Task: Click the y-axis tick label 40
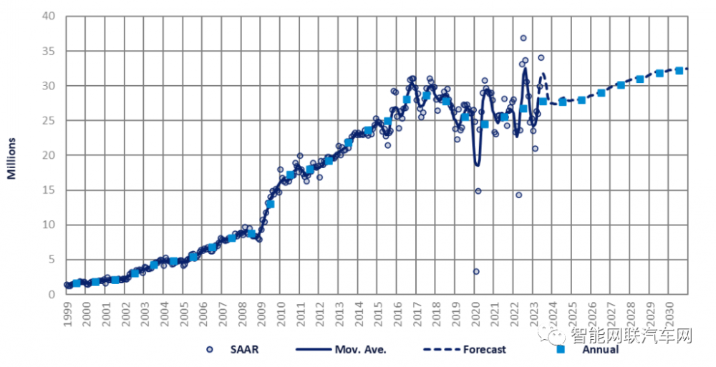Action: click(48, 16)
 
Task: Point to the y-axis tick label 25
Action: click(48, 120)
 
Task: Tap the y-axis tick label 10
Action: click(48, 225)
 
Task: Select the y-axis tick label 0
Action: click(51, 294)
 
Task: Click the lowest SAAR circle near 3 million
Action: click(476, 271)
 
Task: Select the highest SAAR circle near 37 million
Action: click(523, 38)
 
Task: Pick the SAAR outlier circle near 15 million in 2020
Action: click(478, 191)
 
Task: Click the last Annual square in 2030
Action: click(679, 71)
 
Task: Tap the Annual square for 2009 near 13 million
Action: click(270, 204)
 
